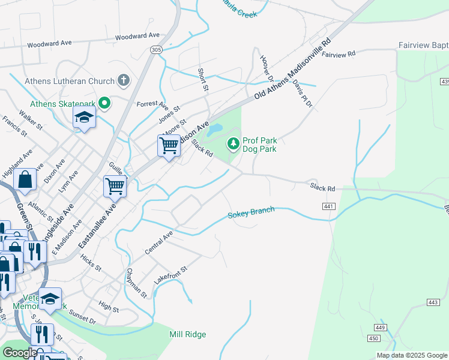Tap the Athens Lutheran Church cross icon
pos(124,80)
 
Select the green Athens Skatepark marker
pos(105,104)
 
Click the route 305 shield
pos(157,50)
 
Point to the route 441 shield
pos(328,206)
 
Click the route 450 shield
pos(373,339)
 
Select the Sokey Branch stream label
pos(251,212)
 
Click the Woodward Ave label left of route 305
pos(49,44)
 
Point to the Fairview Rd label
pos(339,55)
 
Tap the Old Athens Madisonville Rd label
pos(292,70)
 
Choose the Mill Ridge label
pos(187,335)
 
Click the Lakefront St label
pos(170,275)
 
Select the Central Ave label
pos(158,242)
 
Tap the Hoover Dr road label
pos(266,68)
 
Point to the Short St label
pos(203,79)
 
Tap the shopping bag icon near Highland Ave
pos(25,179)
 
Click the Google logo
pos(20,353)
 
